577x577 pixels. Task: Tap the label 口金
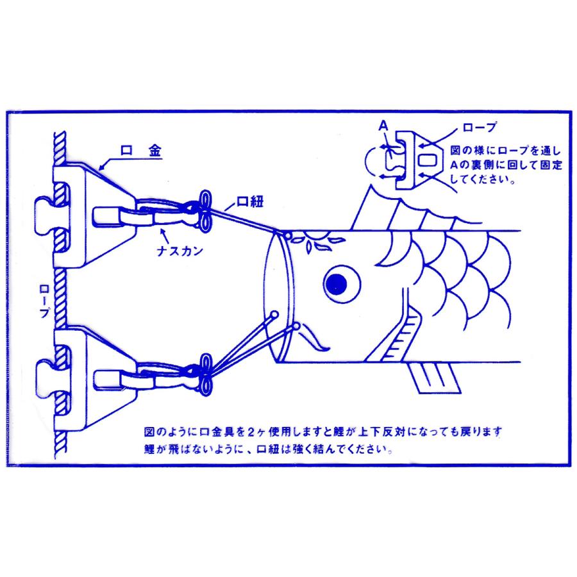point(140,151)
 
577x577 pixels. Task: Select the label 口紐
point(251,201)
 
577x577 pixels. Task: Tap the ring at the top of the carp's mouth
point(288,237)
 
